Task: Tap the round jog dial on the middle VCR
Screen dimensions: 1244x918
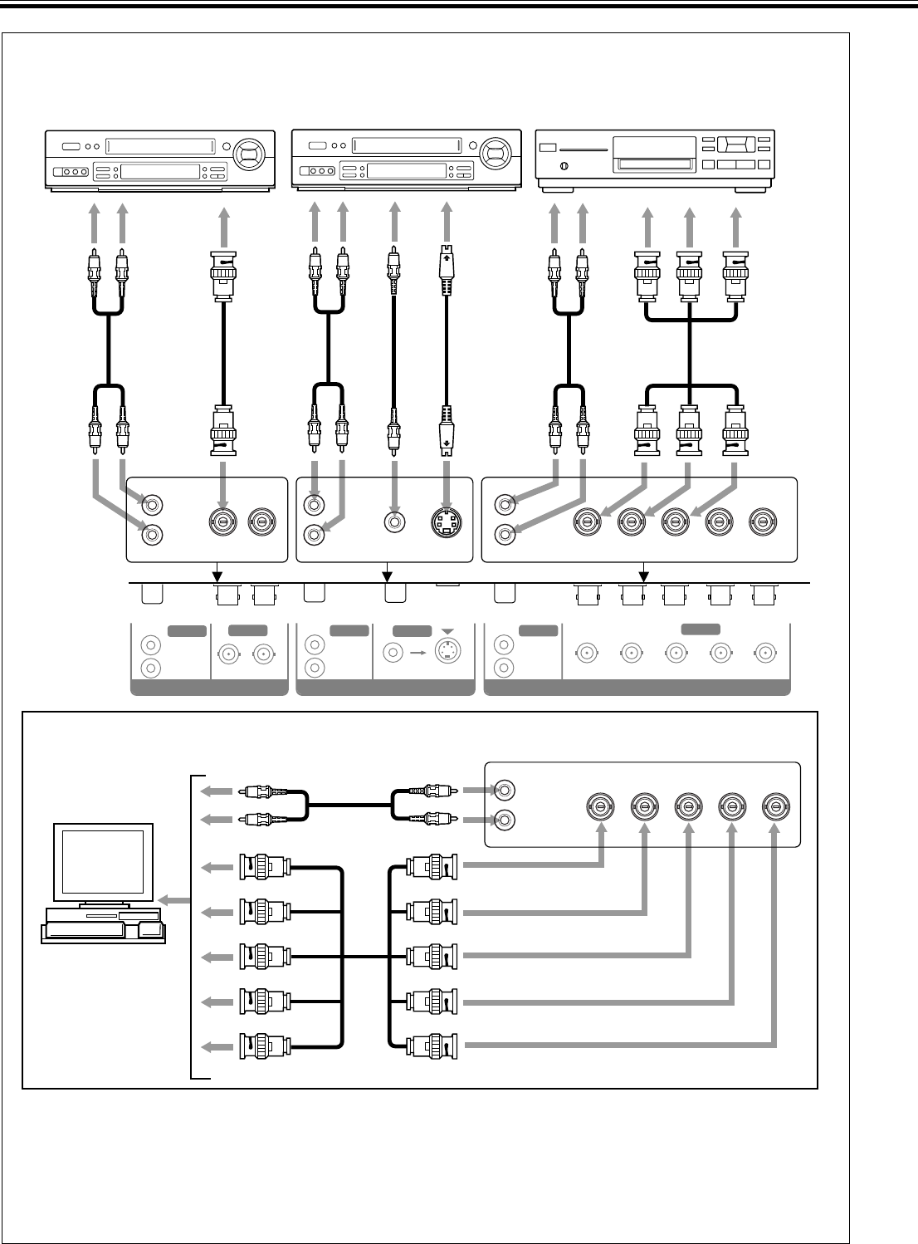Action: pyautogui.click(x=496, y=154)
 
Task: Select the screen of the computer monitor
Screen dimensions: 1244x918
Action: pyautogui.click(x=104, y=860)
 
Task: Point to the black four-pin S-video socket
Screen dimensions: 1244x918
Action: pyautogui.click(x=447, y=523)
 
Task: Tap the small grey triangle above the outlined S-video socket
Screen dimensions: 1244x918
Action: pyautogui.click(x=448, y=630)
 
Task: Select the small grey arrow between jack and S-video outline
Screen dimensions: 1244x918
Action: pyautogui.click(x=417, y=652)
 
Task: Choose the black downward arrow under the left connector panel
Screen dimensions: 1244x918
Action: pyautogui.click(x=217, y=573)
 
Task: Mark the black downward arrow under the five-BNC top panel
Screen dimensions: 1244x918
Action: pyautogui.click(x=642, y=573)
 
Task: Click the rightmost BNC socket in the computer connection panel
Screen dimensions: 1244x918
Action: pyautogui.click(x=776, y=806)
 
